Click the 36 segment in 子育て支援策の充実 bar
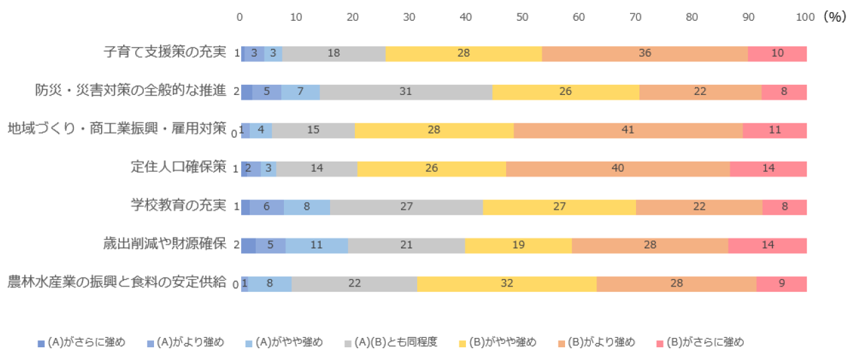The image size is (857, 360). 645,54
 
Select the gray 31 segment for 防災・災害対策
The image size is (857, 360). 405,92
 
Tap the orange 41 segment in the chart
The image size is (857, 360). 627,130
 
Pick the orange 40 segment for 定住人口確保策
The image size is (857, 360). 617,169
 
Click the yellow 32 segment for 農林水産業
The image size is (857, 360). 506,284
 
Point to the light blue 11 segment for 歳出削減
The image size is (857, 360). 317,246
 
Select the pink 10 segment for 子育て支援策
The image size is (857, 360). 777,54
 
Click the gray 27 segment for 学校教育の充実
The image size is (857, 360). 406,207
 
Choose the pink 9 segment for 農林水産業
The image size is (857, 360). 781,284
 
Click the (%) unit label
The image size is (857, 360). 835,17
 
